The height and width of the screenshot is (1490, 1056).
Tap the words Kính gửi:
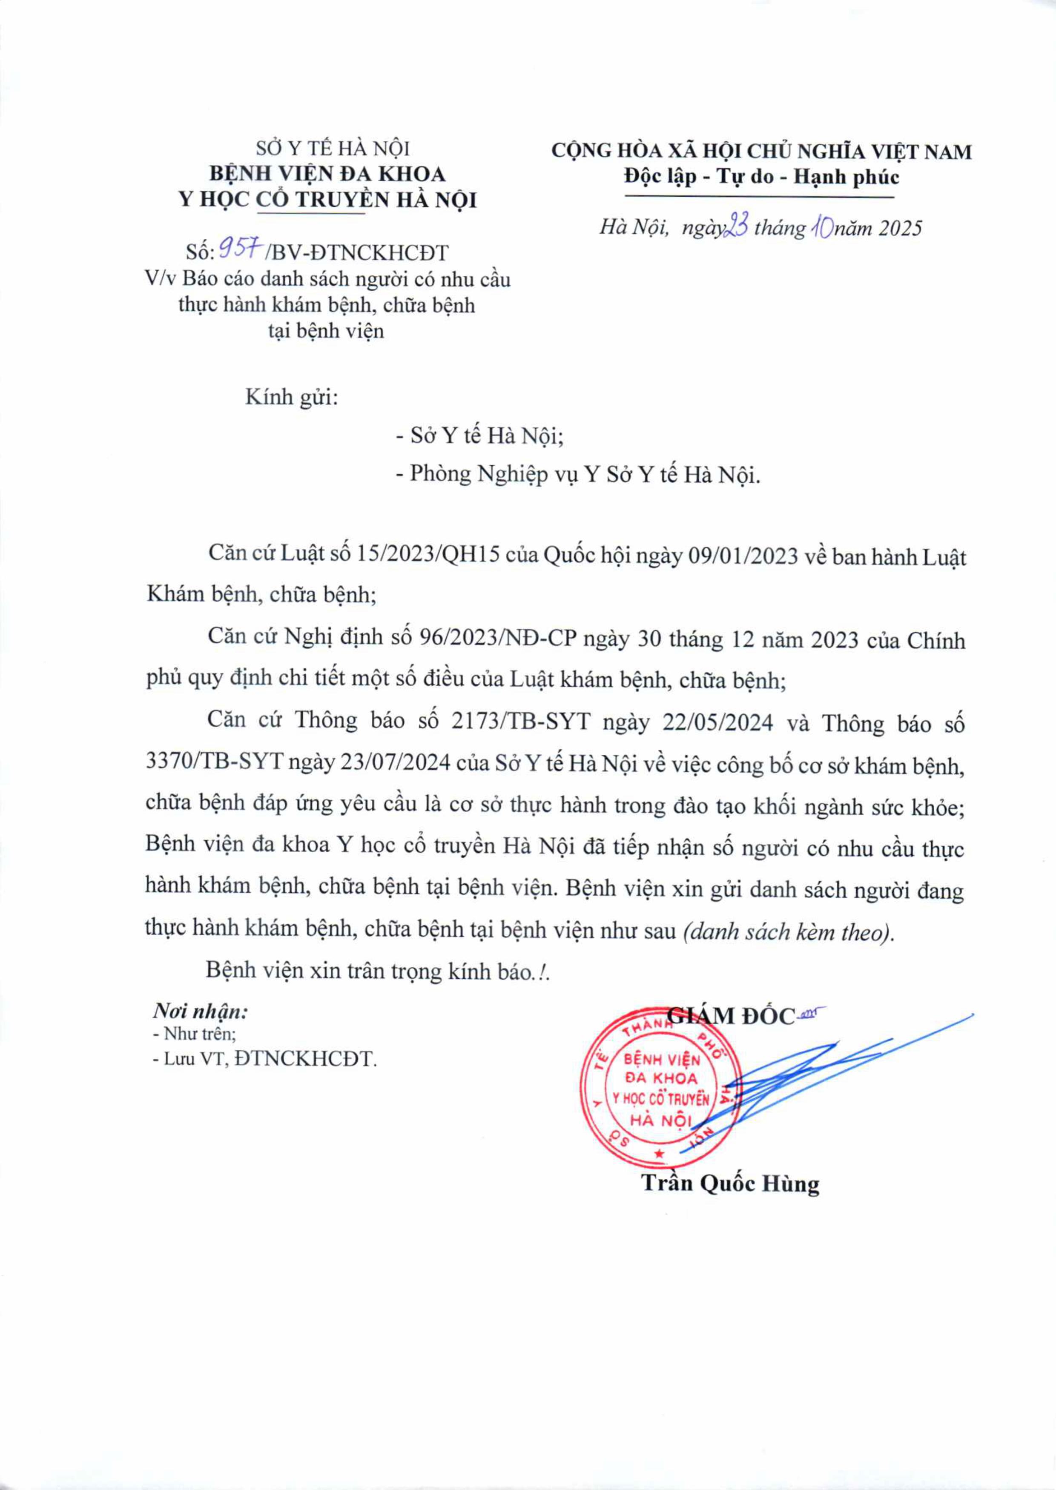tap(291, 397)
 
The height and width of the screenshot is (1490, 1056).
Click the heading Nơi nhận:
tap(200, 1011)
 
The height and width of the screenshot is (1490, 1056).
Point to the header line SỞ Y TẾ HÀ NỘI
tap(332, 149)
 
